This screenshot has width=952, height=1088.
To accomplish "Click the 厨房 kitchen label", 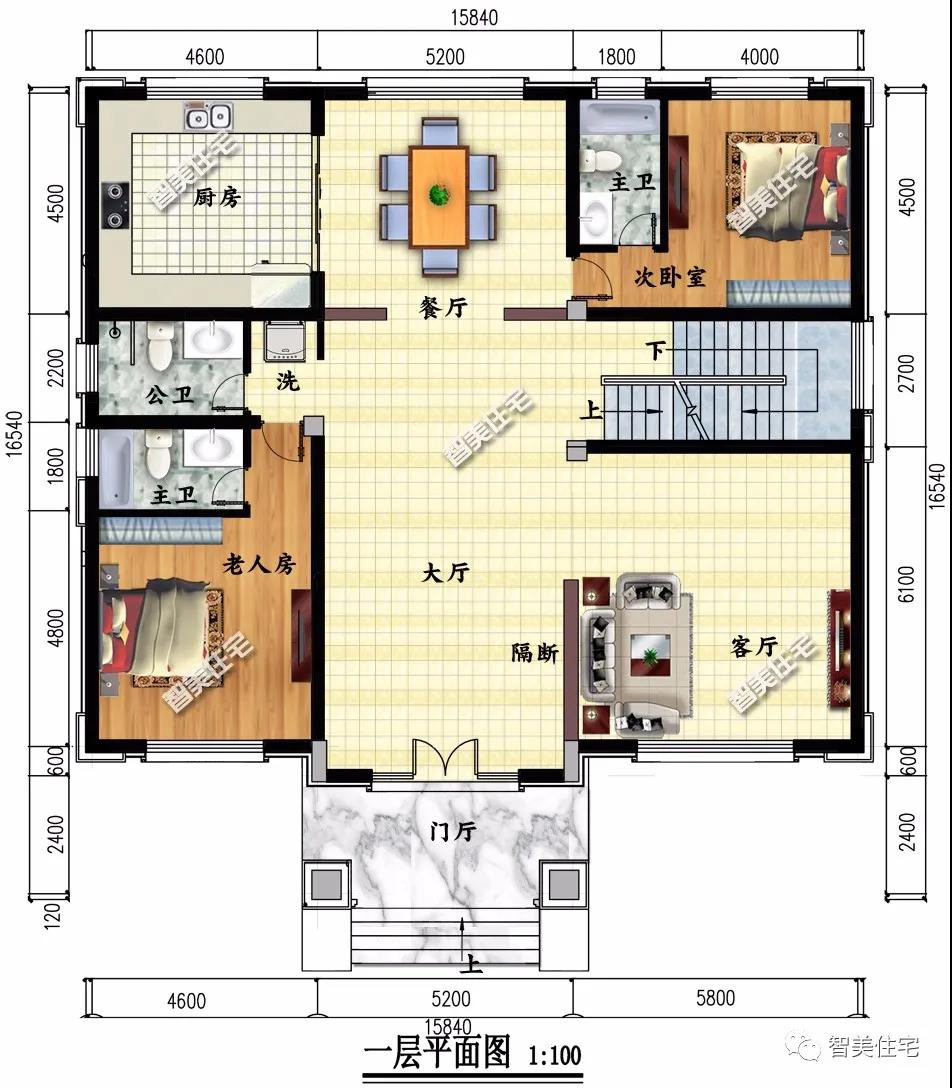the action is point(216,198).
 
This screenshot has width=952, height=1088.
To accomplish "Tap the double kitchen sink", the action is point(208,116).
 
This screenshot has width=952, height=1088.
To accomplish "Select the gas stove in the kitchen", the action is point(115,205).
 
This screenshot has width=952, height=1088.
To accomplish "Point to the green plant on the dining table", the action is point(439,195).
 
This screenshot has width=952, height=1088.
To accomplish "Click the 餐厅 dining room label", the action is point(443,307).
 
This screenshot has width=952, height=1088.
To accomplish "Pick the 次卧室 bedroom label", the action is point(670,278).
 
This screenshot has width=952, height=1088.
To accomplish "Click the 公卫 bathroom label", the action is point(169,396).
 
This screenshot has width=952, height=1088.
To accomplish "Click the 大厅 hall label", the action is point(445,572).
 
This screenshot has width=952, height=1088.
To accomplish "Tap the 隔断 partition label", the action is point(535,652).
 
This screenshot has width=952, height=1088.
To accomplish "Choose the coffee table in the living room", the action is point(650,655).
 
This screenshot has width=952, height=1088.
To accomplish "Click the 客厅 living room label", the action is point(754,647).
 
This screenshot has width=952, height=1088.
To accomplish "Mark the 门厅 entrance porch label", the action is point(452,831).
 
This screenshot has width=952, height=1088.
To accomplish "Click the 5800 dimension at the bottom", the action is point(715,998).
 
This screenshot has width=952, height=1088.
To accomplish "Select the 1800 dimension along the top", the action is point(616,56).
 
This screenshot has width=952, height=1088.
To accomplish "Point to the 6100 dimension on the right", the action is point(906,584).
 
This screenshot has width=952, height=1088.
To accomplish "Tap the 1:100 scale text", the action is point(555,1056).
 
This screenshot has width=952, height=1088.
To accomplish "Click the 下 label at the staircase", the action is point(656,350).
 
